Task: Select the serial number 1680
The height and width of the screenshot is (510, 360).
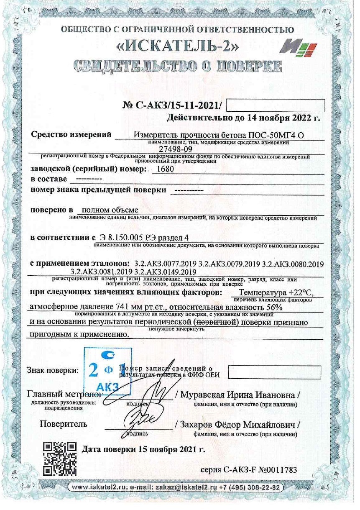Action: click(163, 169)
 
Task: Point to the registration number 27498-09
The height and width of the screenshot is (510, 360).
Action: click(177, 149)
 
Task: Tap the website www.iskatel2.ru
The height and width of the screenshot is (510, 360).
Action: click(98, 488)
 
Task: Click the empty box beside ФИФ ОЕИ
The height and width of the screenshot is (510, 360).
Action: click(275, 372)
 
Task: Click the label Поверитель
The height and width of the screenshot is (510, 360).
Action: click(64, 424)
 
